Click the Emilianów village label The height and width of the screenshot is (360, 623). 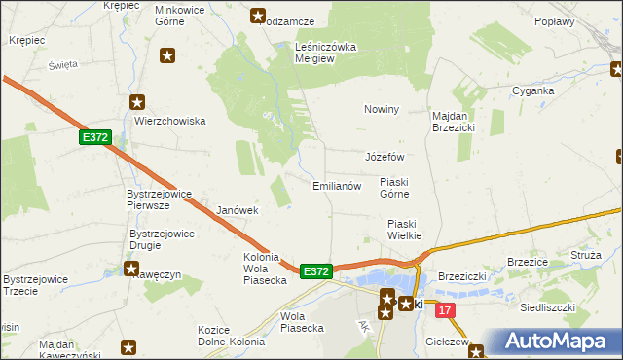337,185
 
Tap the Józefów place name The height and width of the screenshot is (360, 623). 384,157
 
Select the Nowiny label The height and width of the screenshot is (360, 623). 382,109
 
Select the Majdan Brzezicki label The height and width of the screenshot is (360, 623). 453,121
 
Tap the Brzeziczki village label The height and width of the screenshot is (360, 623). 461,276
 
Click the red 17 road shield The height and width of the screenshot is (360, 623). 446,310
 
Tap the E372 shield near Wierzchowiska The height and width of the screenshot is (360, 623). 95,139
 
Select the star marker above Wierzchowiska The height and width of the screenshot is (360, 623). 137,101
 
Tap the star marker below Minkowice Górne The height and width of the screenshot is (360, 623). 167,55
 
